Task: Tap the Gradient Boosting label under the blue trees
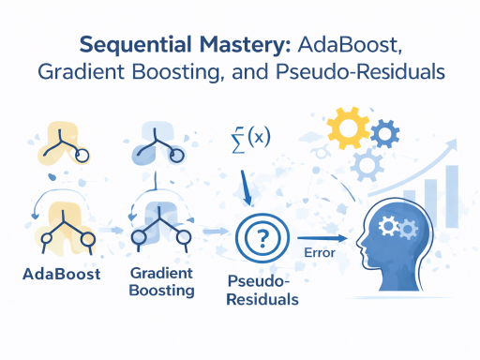click(162, 282)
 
